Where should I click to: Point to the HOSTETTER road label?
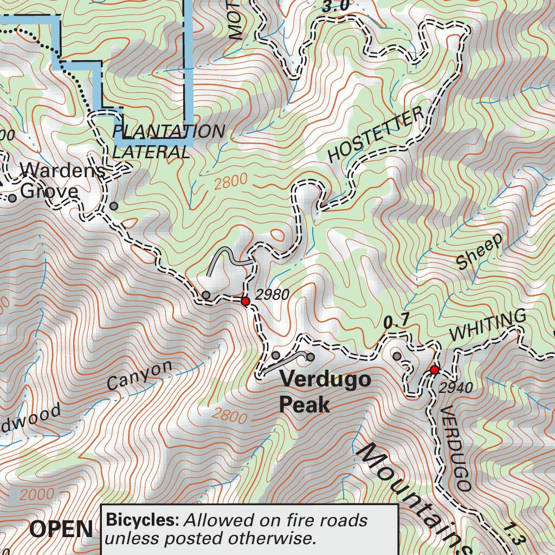(x=376, y=135)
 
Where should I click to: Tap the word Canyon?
(x=139, y=375)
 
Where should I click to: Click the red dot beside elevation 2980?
(x=245, y=301)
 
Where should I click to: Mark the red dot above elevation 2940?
(x=434, y=370)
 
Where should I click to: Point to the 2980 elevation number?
(x=272, y=295)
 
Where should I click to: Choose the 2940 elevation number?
(x=456, y=388)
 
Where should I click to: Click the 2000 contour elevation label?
(x=37, y=494)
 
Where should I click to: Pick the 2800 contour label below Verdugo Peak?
(x=228, y=416)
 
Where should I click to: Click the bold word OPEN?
(x=61, y=529)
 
